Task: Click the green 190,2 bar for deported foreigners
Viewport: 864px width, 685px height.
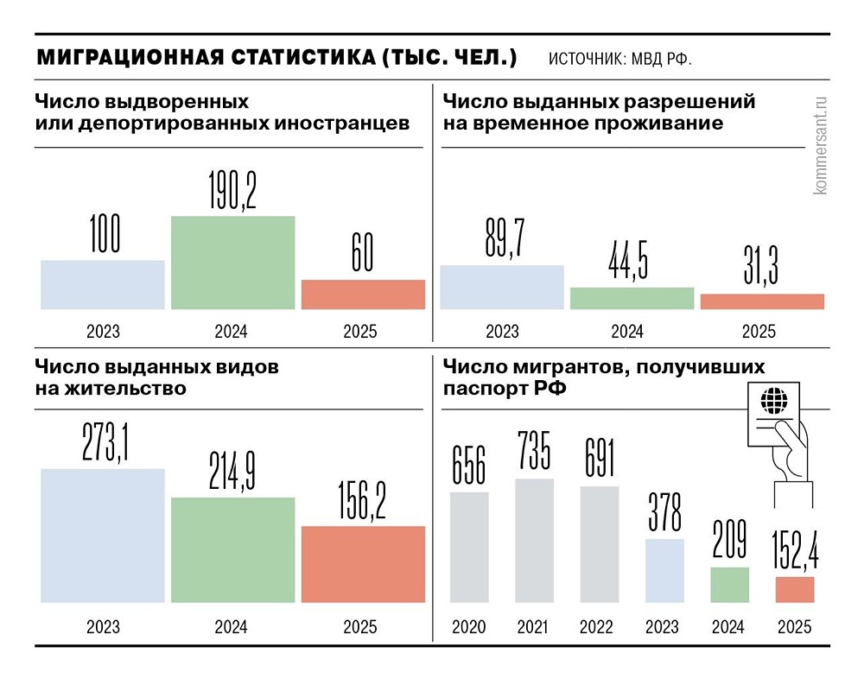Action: coord(232,262)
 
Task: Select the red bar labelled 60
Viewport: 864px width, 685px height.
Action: coord(363,295)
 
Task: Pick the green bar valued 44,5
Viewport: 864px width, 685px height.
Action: coord(632,298)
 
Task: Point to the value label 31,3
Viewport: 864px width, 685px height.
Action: coord(761,265)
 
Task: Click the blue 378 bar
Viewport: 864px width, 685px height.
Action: coord(664,570)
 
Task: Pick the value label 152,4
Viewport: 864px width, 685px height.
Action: coord(795,550)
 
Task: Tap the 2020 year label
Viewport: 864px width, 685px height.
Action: coord(469,627)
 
